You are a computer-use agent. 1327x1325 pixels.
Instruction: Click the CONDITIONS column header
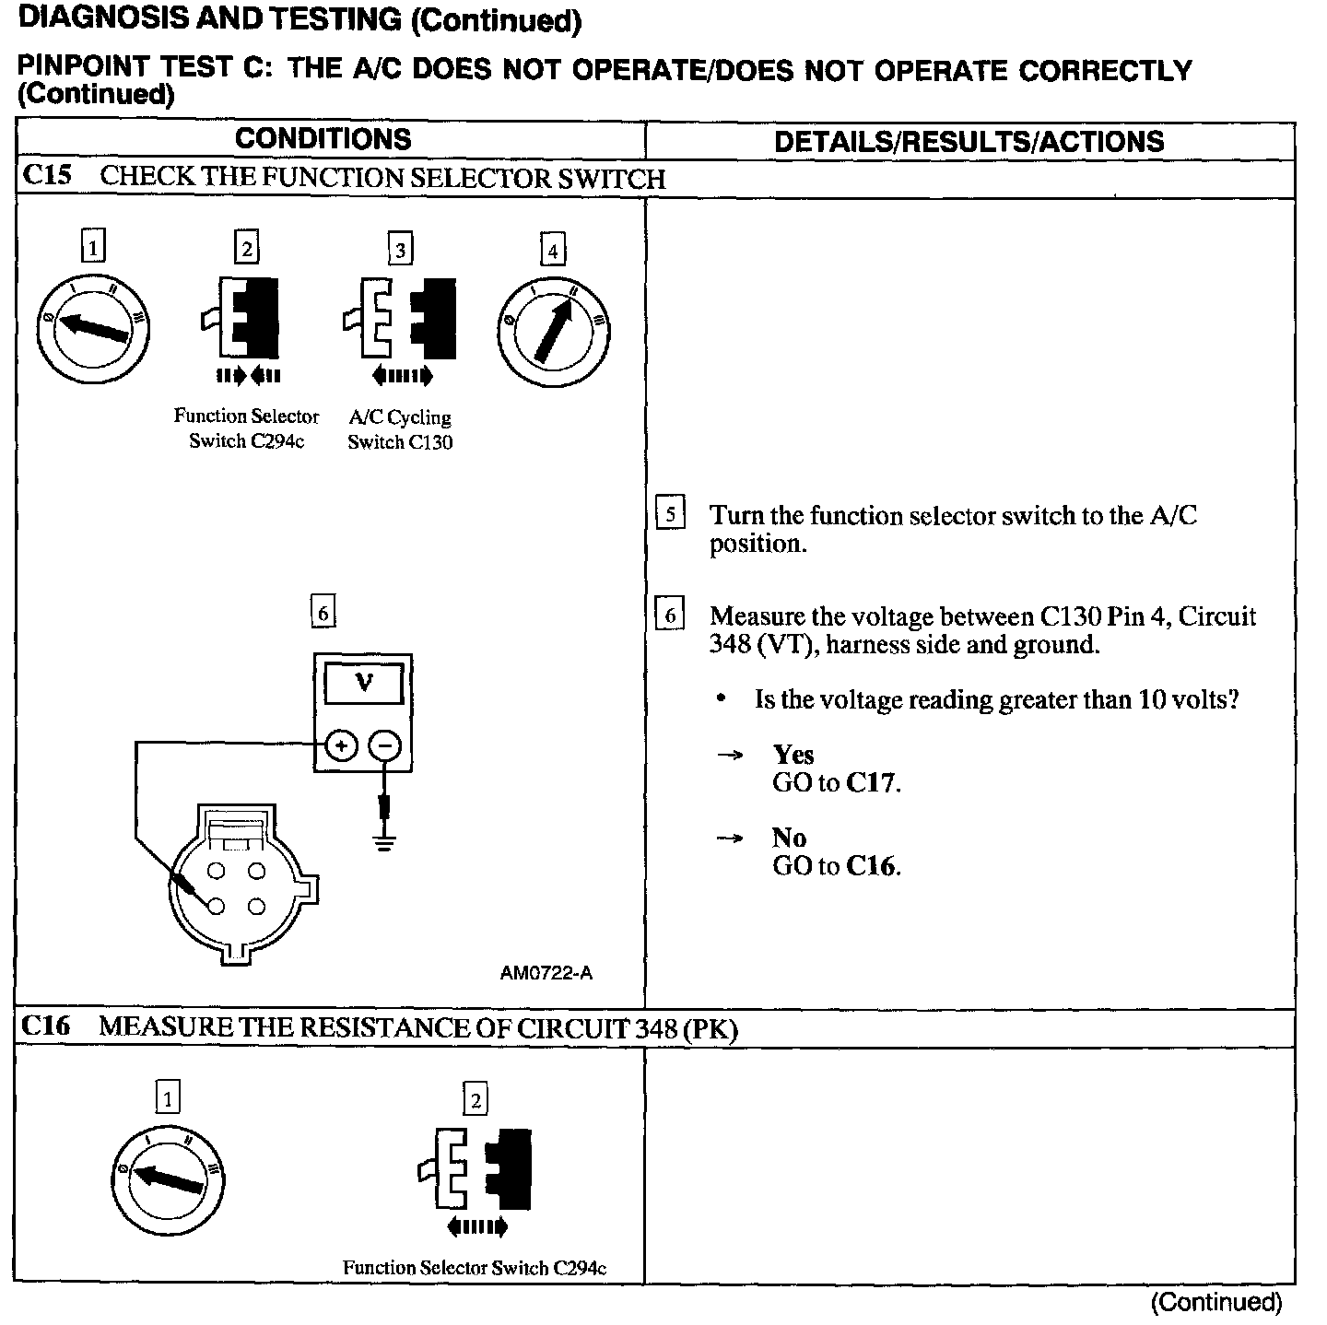(x=323, y=140)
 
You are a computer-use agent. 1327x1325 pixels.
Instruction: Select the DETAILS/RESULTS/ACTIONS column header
(x=969, y=142)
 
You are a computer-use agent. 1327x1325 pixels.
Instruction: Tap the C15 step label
(x=47, y=176)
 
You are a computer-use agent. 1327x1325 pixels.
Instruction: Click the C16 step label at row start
(x=46, y=1026)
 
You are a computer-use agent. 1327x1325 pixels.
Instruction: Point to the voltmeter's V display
(x=364, y=684)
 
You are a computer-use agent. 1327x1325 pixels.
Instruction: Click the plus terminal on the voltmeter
(x=341, y=745)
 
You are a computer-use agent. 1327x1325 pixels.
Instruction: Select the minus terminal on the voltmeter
(x=385, y=745)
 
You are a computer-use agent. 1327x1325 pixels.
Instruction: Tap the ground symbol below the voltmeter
(x=385, y=842)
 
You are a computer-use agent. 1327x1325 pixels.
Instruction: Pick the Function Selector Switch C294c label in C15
(x=246, y=428)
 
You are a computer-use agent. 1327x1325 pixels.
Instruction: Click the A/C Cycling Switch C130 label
(x=400, y=429)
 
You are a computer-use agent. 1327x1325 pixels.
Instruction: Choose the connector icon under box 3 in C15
(x=400, y=319)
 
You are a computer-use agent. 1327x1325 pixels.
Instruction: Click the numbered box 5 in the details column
(x=670, y=513)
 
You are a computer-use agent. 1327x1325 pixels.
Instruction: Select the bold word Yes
(x=793, y=755)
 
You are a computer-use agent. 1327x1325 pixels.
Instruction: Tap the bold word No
(x=789, y=838)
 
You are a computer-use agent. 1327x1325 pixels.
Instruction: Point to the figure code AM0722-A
(x=546, y=973)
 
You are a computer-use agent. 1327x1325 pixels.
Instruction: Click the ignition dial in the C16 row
(x=167, y=1180)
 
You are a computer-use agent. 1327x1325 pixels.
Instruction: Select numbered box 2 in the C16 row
(x=476, y=1099)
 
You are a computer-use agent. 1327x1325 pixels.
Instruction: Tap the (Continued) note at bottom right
(x=1215, y=1302)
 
